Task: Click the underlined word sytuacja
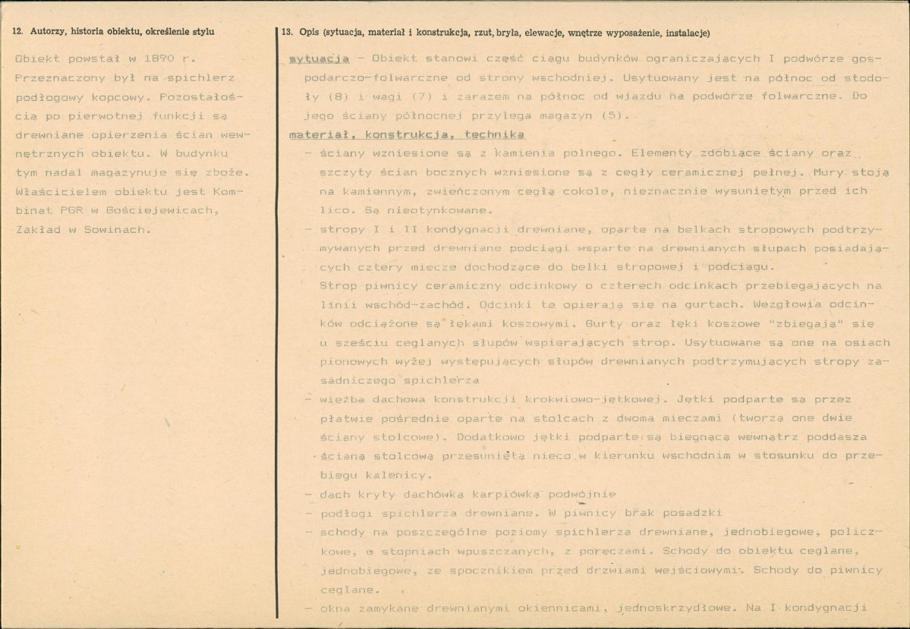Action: (x=319, y=58)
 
